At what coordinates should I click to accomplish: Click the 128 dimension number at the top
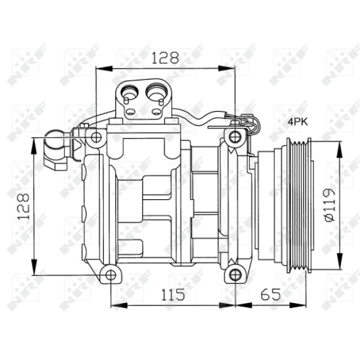[x=164, y=58]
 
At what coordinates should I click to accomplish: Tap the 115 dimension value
[x=172, y=294]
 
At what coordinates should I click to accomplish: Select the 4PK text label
[x=297, y=122]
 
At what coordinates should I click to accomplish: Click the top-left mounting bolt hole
[x=95, y=137]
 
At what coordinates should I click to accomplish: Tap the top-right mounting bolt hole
[x=235, y=137]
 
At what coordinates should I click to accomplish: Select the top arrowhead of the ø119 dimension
[x=339, y=147]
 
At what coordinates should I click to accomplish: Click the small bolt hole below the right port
[x=157, y=112]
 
